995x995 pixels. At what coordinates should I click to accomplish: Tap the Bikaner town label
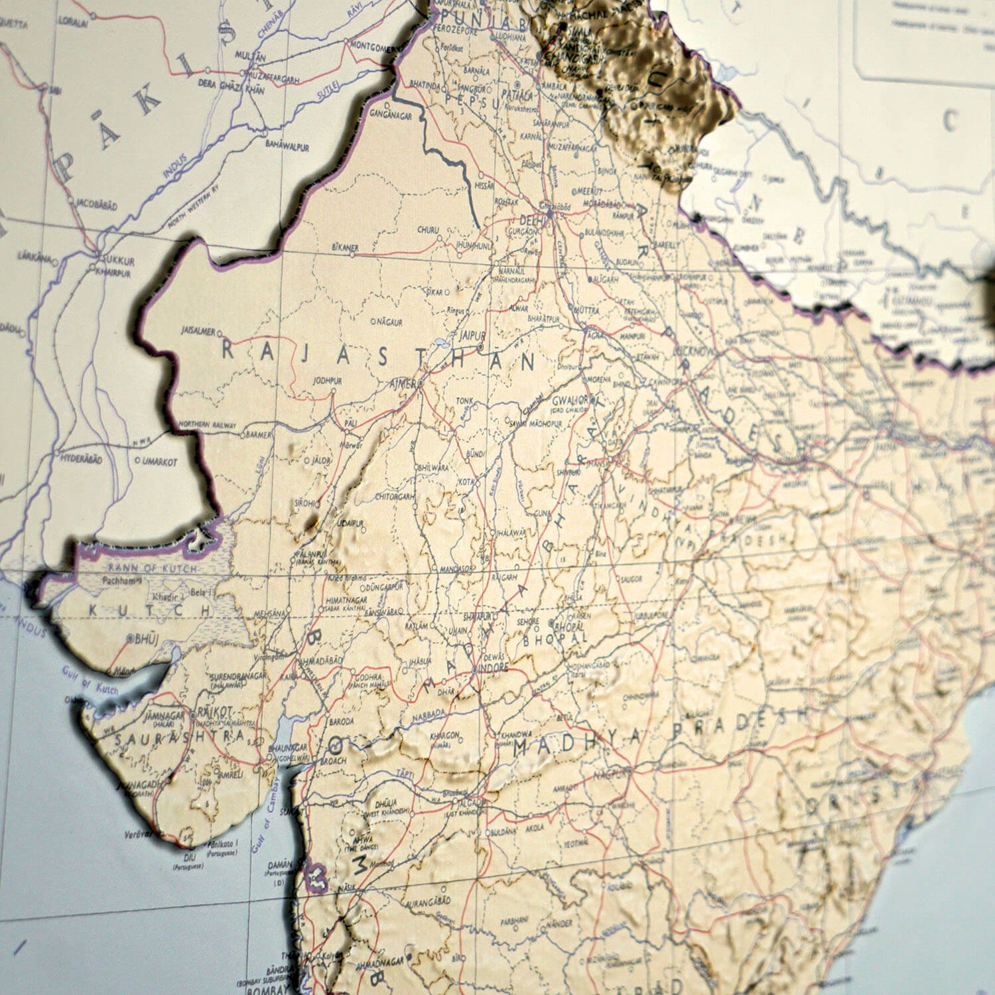pos(344,248)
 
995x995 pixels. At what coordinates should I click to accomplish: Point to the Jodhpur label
pos(328,381)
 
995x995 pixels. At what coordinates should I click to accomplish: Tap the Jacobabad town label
pos(97,206)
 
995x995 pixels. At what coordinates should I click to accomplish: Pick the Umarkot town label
pos(159,462)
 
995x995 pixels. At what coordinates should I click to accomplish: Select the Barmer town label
pos(259,435)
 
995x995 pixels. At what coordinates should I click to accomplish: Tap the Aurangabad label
pos(430,901)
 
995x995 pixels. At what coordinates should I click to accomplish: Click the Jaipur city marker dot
pos(480,347)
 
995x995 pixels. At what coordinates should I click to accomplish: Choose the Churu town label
pos(428,230)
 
